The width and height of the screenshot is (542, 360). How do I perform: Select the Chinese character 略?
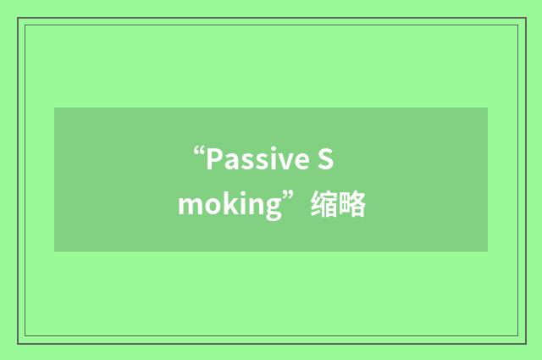(353, 205)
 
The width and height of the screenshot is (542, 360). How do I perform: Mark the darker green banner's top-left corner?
(55, 108)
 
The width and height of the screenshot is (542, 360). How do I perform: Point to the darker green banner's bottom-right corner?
(487, 251)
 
